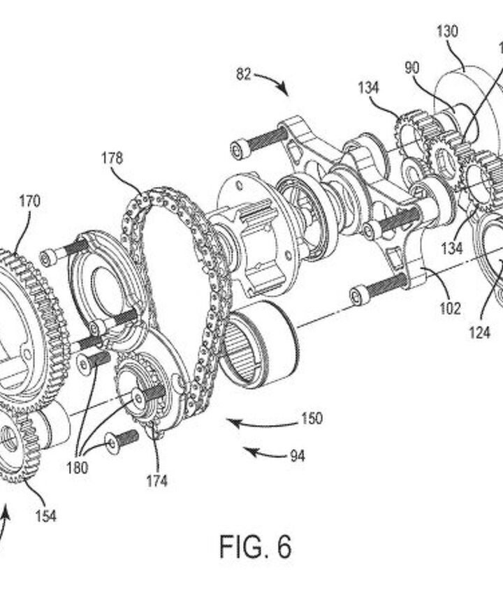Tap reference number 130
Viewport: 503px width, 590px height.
click(x=447, y=31)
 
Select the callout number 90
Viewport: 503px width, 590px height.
click(x=412, y=67)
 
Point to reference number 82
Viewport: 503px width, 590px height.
click(x=243, y=75)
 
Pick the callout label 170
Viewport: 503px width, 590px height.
click(x=29, y=202)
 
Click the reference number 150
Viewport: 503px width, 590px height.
click(x=312, y=418)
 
